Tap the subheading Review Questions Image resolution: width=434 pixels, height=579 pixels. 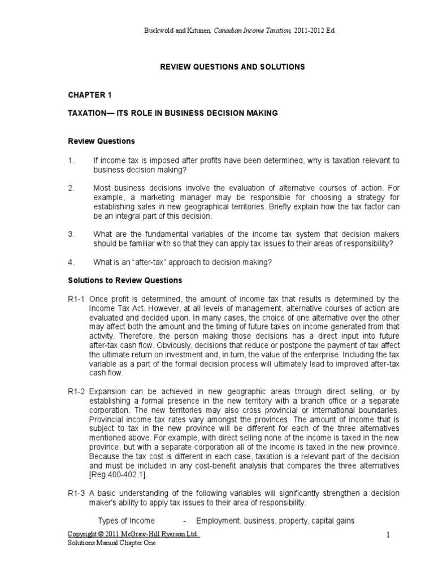tap(101, 141)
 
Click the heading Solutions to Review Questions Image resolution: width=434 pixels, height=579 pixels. tap(125, 280)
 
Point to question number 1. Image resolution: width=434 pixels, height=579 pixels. tap(71, 161)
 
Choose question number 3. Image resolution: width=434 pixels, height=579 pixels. tap(71, 234)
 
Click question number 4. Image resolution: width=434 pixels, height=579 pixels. tap(71, 262)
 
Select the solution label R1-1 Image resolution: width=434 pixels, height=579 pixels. tap(77, 299)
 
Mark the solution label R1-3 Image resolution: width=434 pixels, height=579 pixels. tap(77, 492)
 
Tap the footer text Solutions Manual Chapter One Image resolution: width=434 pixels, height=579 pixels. tap(111, 543)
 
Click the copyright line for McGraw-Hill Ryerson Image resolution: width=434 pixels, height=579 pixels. tap(133, 534)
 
